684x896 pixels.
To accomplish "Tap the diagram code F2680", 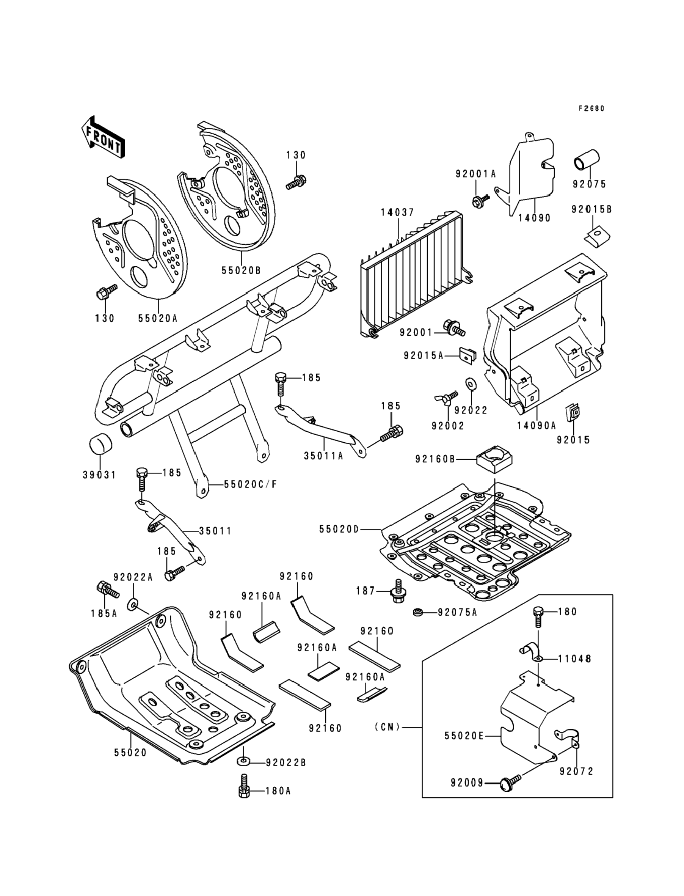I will point(591,108).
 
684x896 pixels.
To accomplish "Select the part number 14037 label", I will point(397,212).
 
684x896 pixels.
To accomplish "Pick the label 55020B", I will point(241,270).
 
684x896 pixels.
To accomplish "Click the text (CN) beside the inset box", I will point(387,726).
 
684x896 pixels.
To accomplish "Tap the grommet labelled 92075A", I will point(418,612).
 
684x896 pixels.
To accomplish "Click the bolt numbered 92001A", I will point(479,200).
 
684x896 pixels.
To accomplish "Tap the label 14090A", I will point(536,426).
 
